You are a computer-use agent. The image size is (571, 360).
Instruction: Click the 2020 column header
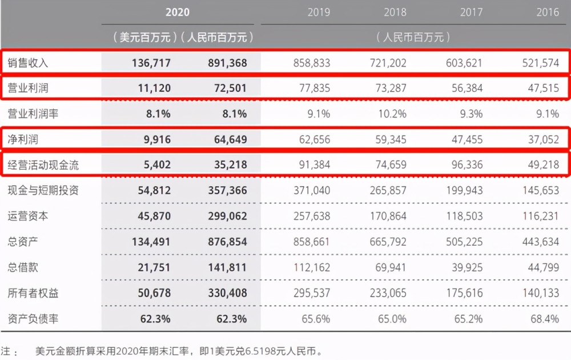(178, 13)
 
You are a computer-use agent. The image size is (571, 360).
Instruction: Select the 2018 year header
(395, 13)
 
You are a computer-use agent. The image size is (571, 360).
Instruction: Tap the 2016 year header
(548, 13)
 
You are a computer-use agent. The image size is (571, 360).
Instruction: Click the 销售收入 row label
(27, 63)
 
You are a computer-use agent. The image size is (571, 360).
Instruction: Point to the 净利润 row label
(23, 139)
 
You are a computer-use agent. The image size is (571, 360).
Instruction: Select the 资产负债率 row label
(33, 319)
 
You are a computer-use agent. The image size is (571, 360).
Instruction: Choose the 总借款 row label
(23, 267)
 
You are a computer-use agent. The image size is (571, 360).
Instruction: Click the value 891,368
(227, 63)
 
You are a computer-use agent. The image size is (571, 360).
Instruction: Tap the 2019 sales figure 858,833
(312, 63)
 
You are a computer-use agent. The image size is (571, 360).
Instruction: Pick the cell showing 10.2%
(392, 114)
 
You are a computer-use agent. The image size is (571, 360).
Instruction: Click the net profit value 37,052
(544, 139)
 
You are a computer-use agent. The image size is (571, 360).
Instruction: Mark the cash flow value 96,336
(467, 165)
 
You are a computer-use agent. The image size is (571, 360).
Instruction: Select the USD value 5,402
(157, 165)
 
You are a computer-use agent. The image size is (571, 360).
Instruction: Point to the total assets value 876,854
(227, 242)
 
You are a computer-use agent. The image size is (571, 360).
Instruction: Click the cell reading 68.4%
(544, 319)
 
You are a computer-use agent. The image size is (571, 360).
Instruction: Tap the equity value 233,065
(388, 293)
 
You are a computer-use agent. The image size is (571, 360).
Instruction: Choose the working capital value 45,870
(154, 217)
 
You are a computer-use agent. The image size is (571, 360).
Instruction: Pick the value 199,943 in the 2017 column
(464, 190)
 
